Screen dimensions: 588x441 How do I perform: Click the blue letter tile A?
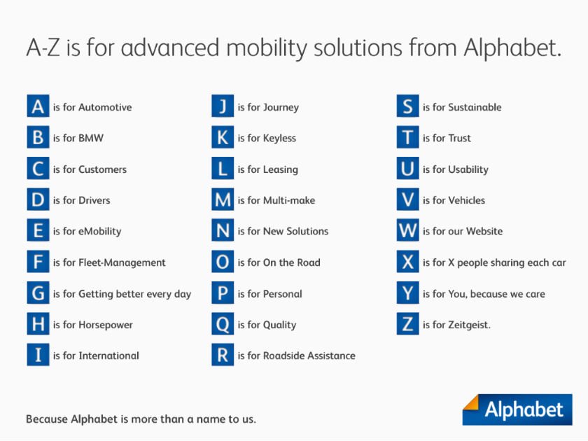[x=38, y=106]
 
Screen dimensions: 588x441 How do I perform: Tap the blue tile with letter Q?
[x=223, y=324]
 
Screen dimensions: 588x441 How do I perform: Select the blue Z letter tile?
[x=408, y=324]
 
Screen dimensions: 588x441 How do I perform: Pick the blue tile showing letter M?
[x=223, y=199]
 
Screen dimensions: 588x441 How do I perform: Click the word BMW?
[x=91, y=138]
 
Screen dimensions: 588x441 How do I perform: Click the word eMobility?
[x=99, y=232]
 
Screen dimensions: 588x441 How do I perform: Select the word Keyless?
[x=280, y=139]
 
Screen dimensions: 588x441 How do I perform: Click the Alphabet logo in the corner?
[x=517, y=409]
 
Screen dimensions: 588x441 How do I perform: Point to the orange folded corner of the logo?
[x=471, y=402]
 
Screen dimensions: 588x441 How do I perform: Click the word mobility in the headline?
[x=267, y=48]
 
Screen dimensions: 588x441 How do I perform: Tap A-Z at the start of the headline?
[x=43, y=48]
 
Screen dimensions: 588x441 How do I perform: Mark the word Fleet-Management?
[x=122, y=262]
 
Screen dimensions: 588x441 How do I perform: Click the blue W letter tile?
[x=408, y=230]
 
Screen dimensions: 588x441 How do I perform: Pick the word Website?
[x=485, y=231]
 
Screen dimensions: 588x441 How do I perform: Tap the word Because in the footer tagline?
[x=47, y=419]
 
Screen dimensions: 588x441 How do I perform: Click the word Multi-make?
[x=289, y=200]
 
